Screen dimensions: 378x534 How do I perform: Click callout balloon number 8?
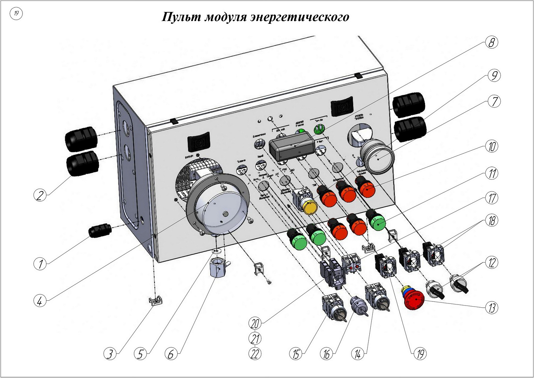pos(492,43)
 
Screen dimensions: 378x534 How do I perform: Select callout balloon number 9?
pos(494,75)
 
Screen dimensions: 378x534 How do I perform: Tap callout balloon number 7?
pos(494,101)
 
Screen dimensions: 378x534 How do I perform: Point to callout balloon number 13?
pos(492,308)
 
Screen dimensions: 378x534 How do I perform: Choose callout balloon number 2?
pos(40,195)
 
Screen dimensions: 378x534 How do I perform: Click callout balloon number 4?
pos(40,301)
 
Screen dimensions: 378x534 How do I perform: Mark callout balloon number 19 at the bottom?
pos(420,354)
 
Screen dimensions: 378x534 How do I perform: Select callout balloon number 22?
pos(255,354)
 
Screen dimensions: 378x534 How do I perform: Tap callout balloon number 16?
pos(326,354)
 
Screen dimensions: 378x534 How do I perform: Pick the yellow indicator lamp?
pos(310,207)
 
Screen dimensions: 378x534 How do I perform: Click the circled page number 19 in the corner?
pos(16,14)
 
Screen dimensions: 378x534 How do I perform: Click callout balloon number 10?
pos(492,146)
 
